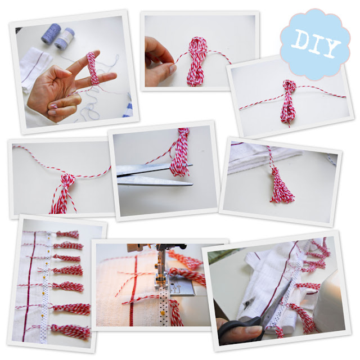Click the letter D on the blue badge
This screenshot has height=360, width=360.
coord(301,39)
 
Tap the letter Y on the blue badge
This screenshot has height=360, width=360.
coord(330,48)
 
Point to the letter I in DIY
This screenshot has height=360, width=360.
coord(315,44)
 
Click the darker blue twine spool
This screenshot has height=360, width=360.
coord(51,33)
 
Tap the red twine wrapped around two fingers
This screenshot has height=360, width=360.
coord(93,68)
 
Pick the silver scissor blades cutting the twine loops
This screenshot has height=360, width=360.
coord(154,174)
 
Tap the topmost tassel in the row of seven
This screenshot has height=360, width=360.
coord(67,235)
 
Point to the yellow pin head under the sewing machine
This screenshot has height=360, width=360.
coord(163,313)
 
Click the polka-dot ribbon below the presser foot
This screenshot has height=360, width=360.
coord(164,307)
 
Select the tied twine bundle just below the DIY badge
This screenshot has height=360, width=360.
coord(288,102)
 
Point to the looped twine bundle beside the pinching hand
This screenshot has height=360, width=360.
coord(197,61)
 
